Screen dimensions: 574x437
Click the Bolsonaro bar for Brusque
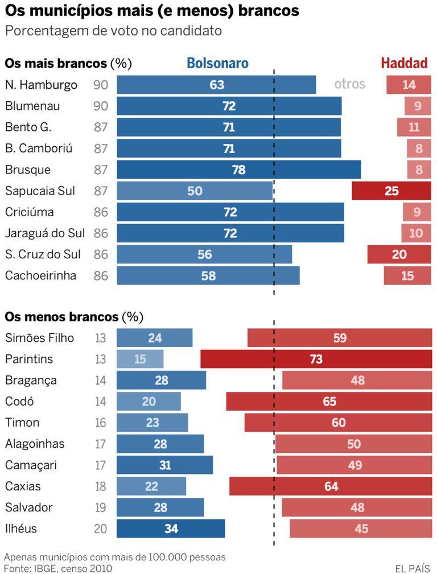point(239,170)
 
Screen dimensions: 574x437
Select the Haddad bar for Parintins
point(316,359)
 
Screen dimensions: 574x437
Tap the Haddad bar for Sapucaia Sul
point(391,191)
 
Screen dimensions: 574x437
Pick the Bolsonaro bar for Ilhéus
point(171,528)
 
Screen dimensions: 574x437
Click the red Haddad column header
point(404,63)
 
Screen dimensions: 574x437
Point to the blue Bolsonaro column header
point(218,63)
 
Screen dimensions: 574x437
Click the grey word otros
point(349,85)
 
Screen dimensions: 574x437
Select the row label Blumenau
point(32,106)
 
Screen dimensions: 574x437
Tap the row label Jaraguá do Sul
point(45,233)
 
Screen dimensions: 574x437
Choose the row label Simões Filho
point(39,338)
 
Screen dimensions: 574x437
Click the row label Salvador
point(29,507)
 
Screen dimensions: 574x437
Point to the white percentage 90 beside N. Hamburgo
point(101,85)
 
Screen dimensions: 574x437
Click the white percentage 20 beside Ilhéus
point(101,529)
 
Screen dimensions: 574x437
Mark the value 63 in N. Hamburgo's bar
point(217,85)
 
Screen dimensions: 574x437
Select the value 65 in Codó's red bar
point(329,402)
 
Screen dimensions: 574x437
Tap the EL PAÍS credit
point(413,568)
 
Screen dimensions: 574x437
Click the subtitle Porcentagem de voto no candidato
point(113,31)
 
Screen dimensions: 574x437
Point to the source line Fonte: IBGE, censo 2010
point(58,568)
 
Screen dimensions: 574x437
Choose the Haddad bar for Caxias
point(330,486)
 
